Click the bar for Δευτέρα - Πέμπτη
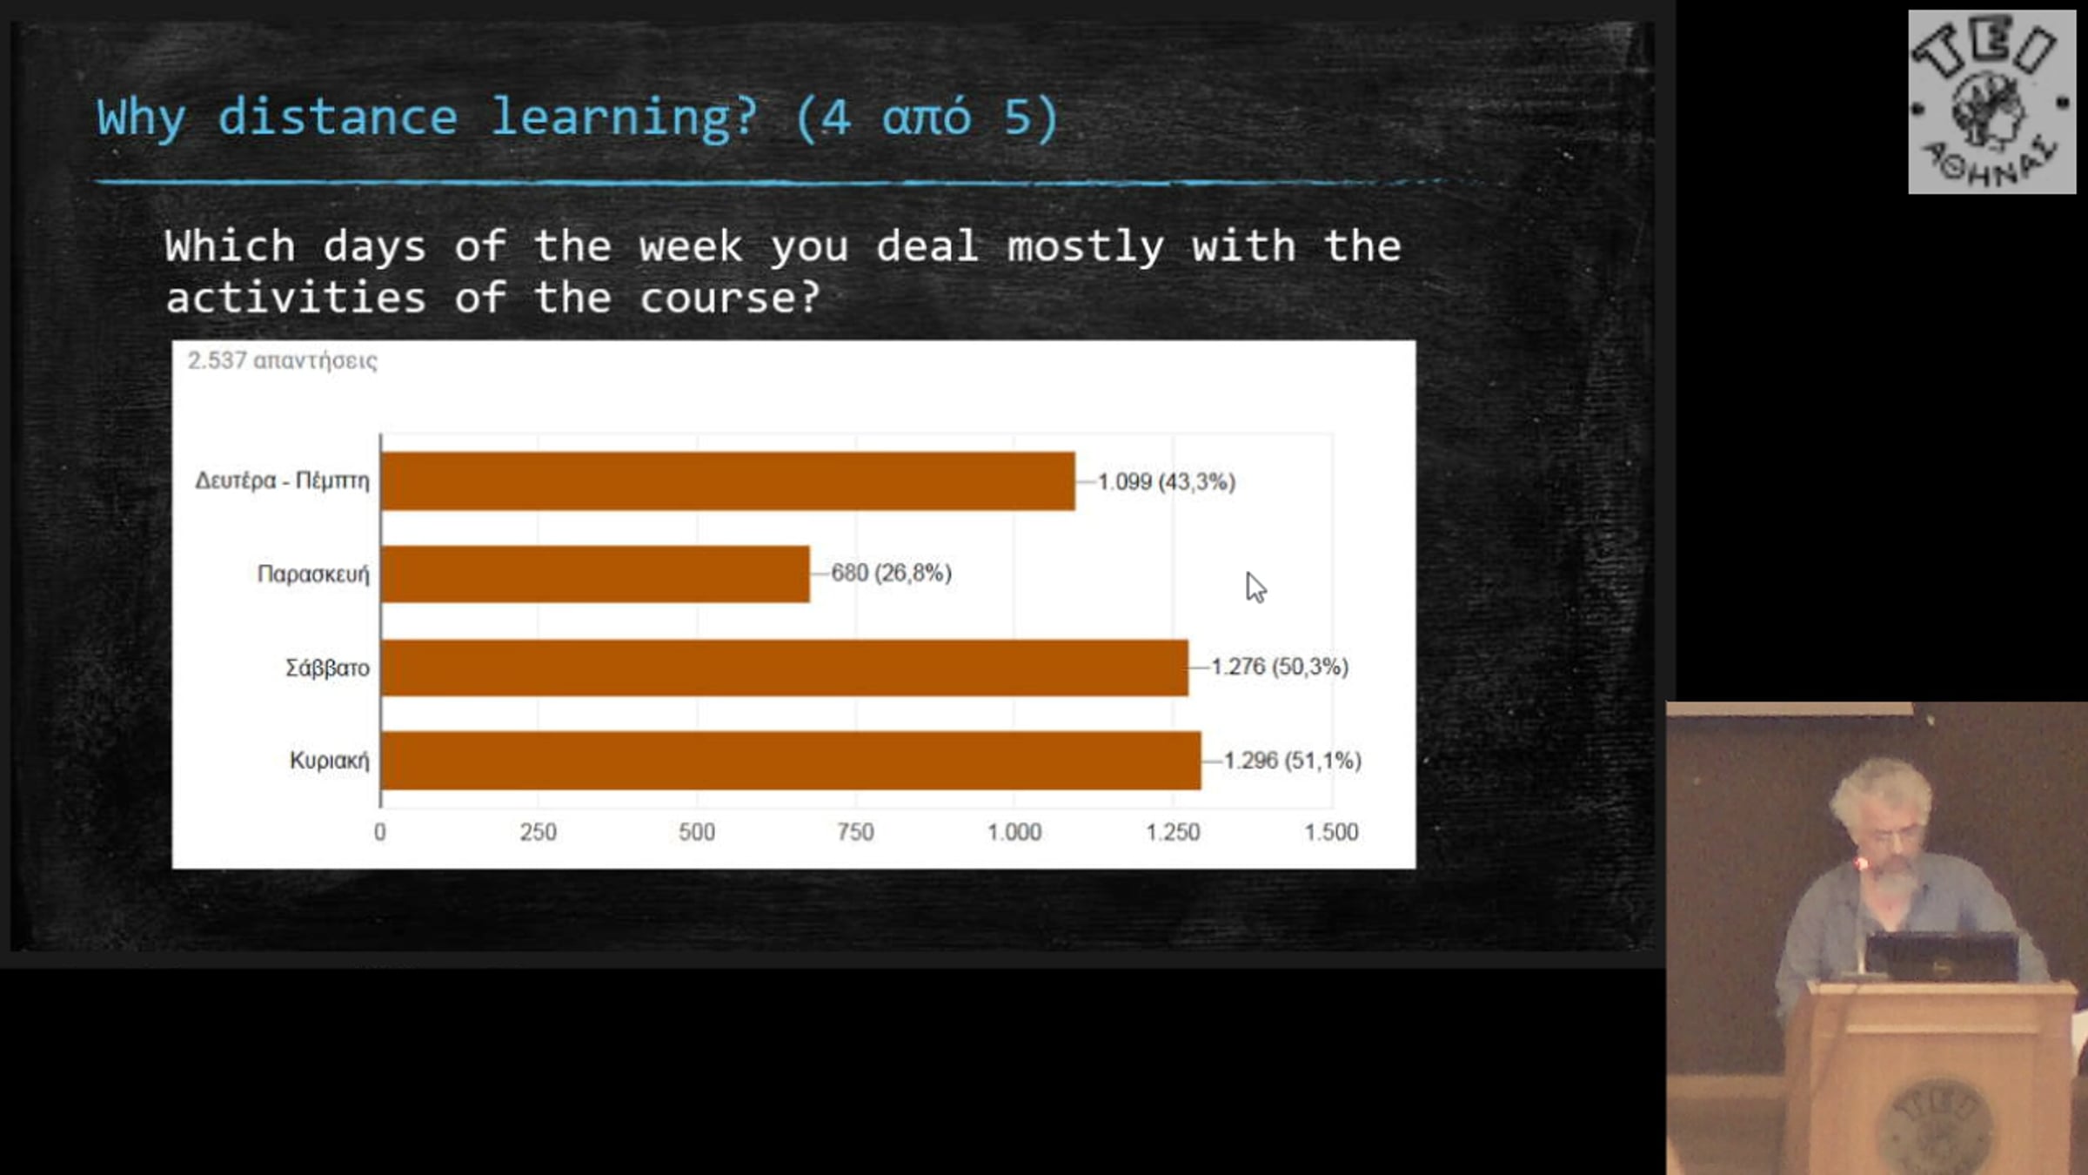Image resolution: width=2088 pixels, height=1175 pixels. coord(728,480)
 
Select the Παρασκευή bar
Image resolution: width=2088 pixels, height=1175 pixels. coord(595,574)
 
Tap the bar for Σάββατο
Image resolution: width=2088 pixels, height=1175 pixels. coord(785,668)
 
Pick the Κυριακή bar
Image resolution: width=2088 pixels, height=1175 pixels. coord(791,761)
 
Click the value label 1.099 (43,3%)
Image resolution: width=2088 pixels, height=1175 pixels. coord(1167,481)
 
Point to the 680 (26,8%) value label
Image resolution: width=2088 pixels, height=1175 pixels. coord(892,573)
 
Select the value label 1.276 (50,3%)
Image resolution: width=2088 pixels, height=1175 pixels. coord(1280,667)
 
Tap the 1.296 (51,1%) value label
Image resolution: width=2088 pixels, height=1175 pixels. coord(1293,760)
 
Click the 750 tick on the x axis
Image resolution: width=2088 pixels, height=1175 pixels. coord(855,832)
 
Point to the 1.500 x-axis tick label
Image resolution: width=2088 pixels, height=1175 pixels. coord(1331,832)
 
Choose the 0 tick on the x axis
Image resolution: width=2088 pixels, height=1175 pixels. coord(380,832)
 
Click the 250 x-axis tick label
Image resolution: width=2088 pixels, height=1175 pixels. coord(539,832)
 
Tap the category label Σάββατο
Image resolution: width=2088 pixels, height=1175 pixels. coord(328,668)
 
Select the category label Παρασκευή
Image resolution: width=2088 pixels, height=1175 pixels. coord(313,574)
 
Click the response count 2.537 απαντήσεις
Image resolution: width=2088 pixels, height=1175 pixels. coord(283,360)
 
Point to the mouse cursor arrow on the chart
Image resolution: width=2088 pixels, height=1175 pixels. coord(1255,587)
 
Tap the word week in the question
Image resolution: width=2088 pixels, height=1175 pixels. coord(691,246)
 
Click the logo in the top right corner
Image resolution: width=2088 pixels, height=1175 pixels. coord(1992,102)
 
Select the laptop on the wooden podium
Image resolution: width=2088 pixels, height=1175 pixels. coord(1942,956)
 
